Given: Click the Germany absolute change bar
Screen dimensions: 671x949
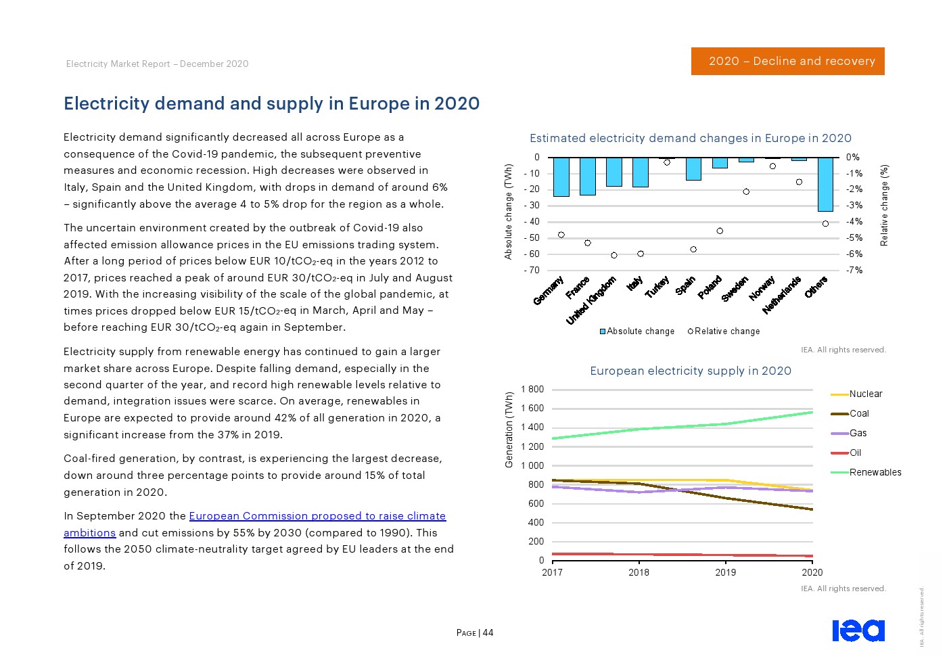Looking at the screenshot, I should pos(561,177).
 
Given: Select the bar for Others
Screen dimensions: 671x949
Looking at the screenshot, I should pos(825,184).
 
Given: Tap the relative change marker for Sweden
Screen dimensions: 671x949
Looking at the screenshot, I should pos(746,191).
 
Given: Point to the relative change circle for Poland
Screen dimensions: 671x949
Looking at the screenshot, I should pos(720,231).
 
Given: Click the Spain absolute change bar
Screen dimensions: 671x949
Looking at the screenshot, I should pos(693,169).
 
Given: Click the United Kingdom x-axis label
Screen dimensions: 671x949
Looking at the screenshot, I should pos(591,300).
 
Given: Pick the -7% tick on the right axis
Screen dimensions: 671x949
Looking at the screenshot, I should pos(854,270).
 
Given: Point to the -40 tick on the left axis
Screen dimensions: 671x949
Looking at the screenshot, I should pos(532,221).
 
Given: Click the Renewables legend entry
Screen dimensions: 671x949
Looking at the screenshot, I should pos(875,472).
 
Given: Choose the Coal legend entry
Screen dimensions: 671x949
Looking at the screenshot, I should pos(859,413).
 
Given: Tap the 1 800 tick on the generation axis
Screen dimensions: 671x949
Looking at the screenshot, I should pos(532,389).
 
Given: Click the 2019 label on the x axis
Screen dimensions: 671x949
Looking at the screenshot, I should pos(725,572).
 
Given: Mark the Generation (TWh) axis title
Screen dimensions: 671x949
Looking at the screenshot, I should pos(509,430).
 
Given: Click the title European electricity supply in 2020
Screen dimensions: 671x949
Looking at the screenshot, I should pos(690,371).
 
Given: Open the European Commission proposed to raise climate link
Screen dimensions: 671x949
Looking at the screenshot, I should pos(317,516).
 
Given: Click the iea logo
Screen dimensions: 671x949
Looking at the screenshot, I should pos(858,630).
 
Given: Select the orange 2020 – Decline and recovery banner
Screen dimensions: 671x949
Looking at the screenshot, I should pos(787,61).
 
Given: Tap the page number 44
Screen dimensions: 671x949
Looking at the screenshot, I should pos(488,633).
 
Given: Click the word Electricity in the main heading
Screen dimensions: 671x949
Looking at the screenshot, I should pos(106,103).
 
